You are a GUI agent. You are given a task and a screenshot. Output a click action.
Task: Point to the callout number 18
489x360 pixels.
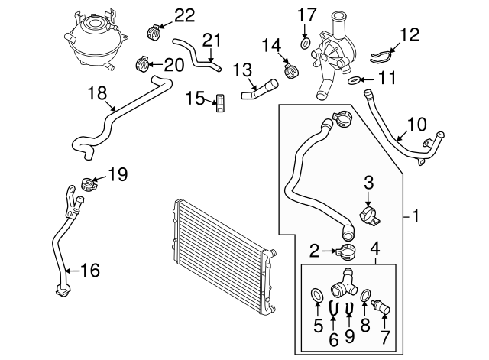tap(97, 94)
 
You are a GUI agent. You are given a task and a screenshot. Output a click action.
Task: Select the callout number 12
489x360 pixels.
tap(410, 34)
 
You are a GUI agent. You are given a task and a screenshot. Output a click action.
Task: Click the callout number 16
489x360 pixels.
tap(89, 269)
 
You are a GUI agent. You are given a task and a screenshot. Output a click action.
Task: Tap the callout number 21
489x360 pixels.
tap(210, 39)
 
